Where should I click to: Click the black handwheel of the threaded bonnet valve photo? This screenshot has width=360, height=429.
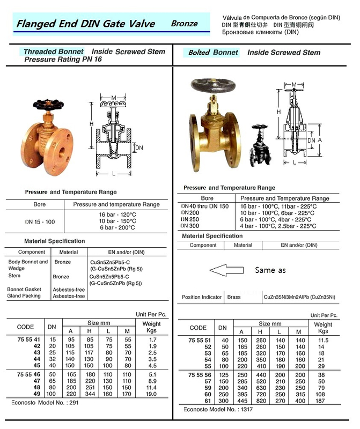click(x=48, y=104)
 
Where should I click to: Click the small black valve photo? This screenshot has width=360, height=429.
click(x=260, y=145)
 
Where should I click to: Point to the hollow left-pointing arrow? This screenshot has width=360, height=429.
click(x=226, y=270)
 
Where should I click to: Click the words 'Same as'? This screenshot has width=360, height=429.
click(x=270, y=270)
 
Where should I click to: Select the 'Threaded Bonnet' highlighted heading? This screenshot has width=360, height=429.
click(x=54, y=51)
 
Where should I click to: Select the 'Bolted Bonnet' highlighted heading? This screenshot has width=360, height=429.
click(x=213, y=53)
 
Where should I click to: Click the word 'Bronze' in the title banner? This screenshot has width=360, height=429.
click(x=184, y=24)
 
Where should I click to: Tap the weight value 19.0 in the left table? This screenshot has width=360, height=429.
click(x=151, y=394)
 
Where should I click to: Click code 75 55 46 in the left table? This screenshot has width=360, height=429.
click(x=28, y=374)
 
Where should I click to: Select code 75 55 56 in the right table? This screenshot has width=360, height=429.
click(x=200, y=375)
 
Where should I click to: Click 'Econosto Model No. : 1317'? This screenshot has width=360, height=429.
click(x=218, y=409)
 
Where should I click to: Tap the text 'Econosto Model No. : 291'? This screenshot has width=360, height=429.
click(x=45, y=403)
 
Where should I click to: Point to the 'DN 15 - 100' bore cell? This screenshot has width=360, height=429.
click(x=40, y=222)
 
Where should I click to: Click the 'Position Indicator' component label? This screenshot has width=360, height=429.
click(x=202, y=297)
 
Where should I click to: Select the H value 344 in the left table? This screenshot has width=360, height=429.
click(x=90, y=394)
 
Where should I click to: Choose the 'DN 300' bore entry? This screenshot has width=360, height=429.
click(x=190, y=226)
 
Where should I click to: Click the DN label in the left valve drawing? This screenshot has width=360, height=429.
click(x=139, y=148)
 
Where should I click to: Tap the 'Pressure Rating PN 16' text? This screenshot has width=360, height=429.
click(x=63, y=60)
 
